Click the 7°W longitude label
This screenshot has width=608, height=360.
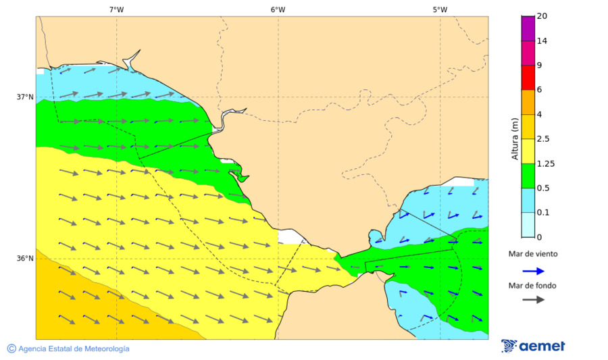(x=116, y=9)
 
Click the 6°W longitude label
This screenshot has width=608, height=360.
(x=278, y=9)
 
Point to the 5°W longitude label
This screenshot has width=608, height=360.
(x=440, y=9)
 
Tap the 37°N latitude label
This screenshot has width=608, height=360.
(x=25, y=97)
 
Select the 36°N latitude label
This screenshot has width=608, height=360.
(x=25, y=259)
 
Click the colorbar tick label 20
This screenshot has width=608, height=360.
(x=542, y=16)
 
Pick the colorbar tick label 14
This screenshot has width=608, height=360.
(x=542, y=41)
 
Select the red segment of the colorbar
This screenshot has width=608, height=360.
(x=528, y=77)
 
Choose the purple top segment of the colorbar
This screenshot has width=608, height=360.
(x=528, y=28)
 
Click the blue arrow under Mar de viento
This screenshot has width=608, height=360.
(x=534, y=271)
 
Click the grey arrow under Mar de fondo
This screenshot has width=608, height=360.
(x=534, y=299)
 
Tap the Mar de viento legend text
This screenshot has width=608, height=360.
(x=533, y=254)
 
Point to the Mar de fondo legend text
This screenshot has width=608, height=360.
(x=533, y=286)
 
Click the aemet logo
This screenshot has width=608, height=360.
(x=533, y=346)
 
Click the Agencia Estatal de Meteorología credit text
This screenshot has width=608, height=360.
(x=68, y=349)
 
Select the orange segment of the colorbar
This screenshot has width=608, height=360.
(x=528, y=101)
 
